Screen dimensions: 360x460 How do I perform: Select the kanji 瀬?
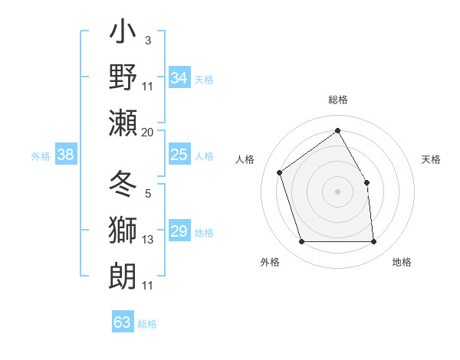(123, 123)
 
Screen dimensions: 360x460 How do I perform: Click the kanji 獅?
(123, 231)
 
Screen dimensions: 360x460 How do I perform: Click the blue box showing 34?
(179, 78)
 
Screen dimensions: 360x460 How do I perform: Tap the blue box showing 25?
(179, 155)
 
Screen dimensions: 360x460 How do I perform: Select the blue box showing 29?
(179, 232)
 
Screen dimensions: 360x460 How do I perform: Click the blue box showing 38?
(66, 155)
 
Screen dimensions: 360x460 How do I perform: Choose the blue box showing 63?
(123, 322)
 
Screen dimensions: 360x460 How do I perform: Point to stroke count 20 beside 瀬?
(147, 133)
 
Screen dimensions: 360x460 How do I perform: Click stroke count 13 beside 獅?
(147, 240)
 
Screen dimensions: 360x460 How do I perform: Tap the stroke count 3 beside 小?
(147, 41)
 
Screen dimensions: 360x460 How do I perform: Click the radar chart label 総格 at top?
(337, 100)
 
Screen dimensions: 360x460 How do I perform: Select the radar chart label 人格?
(245, 159)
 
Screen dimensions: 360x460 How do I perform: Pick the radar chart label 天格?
(431, 159)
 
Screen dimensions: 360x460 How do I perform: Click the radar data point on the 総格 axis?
(337, 130)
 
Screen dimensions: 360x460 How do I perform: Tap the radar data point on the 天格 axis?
(366, 182)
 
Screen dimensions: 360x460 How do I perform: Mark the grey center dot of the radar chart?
(337, 191)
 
